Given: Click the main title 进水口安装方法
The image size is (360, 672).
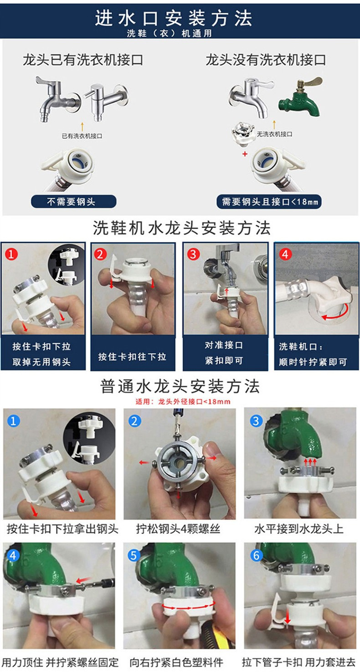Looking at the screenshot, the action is tap(174, 18).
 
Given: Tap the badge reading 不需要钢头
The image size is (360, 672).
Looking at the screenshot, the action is tap(73, 201).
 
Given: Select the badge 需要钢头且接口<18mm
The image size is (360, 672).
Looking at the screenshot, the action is tap(269, 201).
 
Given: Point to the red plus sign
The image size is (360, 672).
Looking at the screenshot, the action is tap(245, 154).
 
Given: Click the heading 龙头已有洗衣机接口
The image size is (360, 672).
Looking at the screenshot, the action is tap(83, 60).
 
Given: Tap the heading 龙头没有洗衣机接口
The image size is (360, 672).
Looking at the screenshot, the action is tap(266, 60).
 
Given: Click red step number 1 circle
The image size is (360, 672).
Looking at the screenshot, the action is tap(11, 254).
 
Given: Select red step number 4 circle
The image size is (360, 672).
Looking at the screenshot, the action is tap(285, 254).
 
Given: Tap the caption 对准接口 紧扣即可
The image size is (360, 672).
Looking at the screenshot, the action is tap(224, 353).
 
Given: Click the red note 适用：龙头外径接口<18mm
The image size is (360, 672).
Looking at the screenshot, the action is tap(183, 401).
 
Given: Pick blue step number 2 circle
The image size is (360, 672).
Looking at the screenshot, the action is tap(134, 421).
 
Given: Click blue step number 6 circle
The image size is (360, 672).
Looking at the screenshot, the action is tap(256, 555).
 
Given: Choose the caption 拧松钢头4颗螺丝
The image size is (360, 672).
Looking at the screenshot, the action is tap(178, 528).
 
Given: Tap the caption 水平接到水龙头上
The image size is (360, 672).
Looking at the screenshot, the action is tap(299, 528).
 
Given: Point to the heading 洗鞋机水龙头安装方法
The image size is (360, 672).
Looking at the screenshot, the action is tap(181, 228).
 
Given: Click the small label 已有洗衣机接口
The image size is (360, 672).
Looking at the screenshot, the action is tap(82, 136).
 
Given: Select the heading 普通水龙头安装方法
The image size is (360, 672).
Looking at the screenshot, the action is tap(180, 386).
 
